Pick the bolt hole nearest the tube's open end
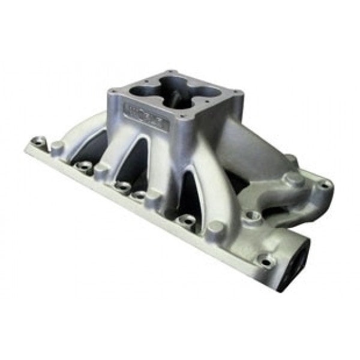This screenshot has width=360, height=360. [264, 260]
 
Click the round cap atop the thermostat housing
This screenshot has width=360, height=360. [293, 179]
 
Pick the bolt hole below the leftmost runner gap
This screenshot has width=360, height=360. [84, 166]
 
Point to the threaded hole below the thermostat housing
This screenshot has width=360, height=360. [250, 215]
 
